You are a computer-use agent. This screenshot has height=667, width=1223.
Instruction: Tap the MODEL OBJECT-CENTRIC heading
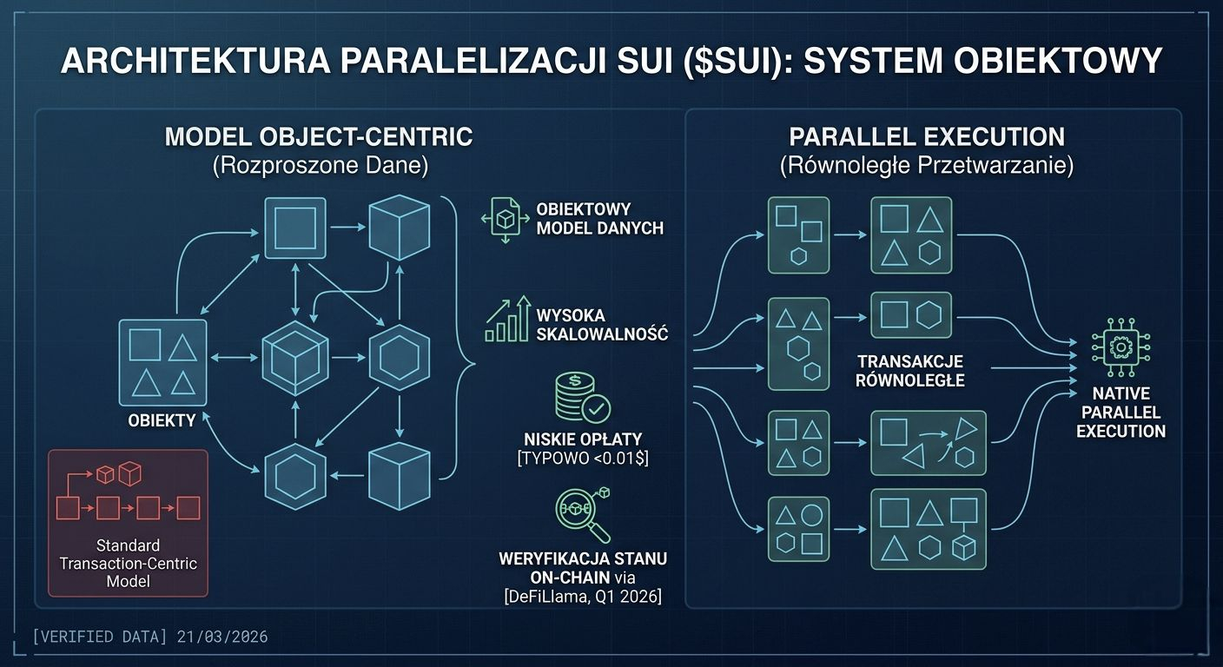[x=319, y=137]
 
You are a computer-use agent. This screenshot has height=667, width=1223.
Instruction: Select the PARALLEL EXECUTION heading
[x=926, y=136]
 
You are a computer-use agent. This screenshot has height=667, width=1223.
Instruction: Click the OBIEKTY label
[x=162, y=420]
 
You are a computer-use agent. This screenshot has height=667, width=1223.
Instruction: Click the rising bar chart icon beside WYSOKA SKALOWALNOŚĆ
[x=508, y=319]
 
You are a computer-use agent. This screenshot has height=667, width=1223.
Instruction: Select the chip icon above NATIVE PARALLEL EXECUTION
[x=1120, y=347]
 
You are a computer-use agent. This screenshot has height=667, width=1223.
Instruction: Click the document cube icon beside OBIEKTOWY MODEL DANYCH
[x=503, y=217]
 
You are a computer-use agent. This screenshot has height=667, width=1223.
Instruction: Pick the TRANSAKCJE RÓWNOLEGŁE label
[x=910, y=370]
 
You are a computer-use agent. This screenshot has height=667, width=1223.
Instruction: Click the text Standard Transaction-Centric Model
[x=128, y=563]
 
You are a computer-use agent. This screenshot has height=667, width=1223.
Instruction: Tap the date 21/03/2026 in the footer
[x=221, y=637]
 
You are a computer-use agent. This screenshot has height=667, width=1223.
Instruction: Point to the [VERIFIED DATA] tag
[x=99, y=637]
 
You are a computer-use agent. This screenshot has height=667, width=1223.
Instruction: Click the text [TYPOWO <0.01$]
[x=583, y=458]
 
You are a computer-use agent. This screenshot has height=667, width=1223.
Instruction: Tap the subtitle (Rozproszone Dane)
[x=320, y=165]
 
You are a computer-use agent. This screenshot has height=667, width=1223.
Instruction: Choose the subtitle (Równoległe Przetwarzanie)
[x=926, y=165]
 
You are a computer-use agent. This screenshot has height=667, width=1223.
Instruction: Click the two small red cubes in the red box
[x=118, y=474]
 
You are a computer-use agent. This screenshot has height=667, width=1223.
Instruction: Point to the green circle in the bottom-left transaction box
[x=811, y=515]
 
